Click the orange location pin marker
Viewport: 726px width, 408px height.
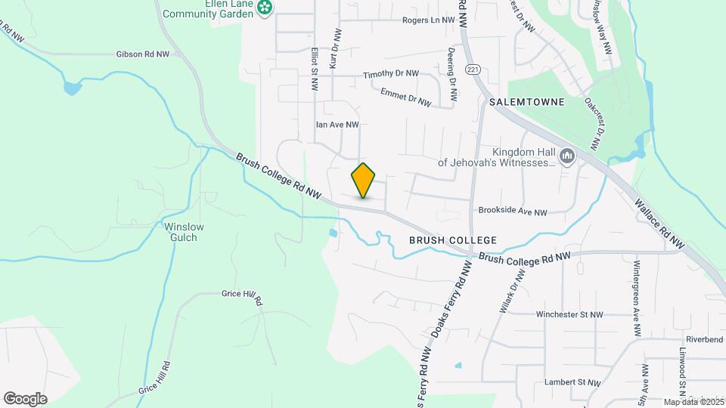[364, 180]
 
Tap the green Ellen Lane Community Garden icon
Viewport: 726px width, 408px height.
[265, 8]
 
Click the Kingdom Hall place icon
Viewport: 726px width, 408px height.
[566, 156]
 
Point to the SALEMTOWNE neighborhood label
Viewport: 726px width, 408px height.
[526, 102]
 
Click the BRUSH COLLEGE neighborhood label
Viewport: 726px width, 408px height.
[453, 240]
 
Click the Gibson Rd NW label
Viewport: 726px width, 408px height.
[146, 54]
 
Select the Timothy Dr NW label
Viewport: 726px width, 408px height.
[390, 74]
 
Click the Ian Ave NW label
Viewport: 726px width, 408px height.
[337, 125]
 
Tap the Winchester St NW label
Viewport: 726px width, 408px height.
[569, 314]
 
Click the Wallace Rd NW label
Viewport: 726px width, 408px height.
[659, 224]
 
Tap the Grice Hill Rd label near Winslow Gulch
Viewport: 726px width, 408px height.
[241, 296]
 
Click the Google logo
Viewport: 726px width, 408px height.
[25, 399]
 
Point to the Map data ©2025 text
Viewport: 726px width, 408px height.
[693, 402]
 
